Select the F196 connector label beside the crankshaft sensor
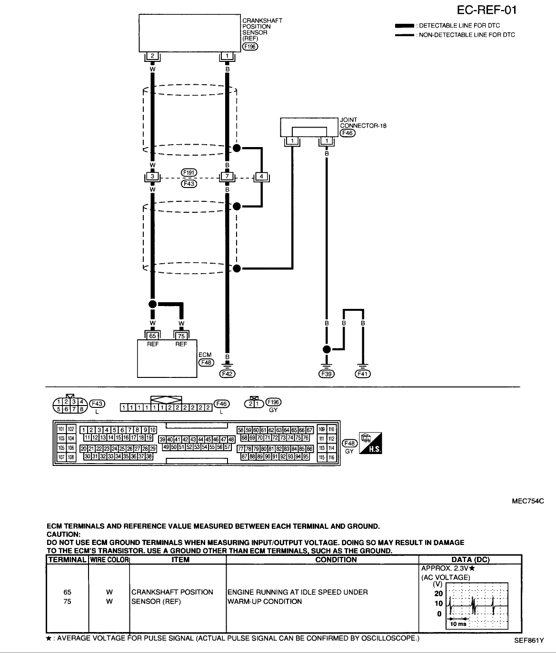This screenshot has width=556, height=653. point(250,46)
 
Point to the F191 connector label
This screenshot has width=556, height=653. point(189,172)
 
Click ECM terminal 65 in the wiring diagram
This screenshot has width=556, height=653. point(152,336)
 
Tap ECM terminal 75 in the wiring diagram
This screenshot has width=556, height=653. point(181,336)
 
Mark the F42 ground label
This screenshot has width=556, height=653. point(227,374)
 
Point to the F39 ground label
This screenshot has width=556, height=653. point(327,374)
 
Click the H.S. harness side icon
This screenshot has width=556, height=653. point(371,443)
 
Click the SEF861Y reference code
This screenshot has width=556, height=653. point(528,641)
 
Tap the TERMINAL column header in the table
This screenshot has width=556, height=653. point(67,560)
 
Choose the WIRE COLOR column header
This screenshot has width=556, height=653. point(109,560)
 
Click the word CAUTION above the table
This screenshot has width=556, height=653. point(66,534)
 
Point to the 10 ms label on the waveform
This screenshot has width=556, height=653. point(458,624)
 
